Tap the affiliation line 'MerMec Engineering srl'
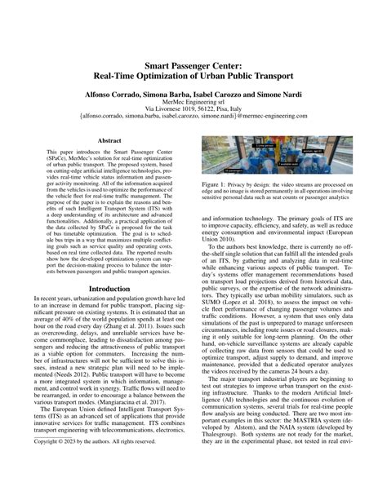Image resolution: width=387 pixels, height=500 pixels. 193,106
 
